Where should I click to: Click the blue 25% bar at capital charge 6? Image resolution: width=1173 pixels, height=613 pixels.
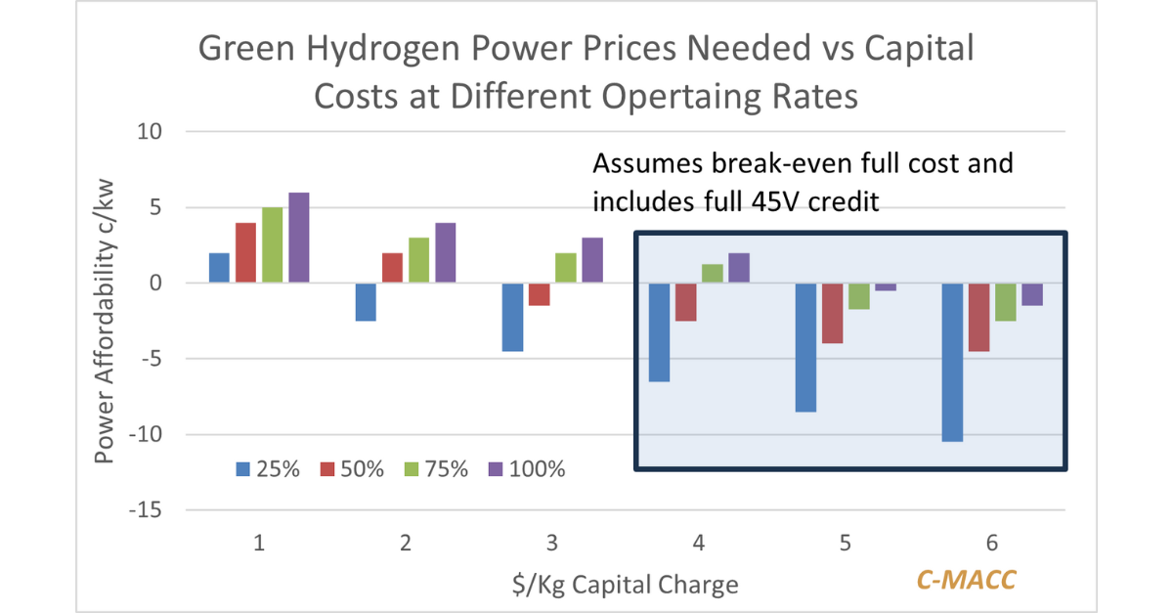pyautogui.click(x=952, y=362)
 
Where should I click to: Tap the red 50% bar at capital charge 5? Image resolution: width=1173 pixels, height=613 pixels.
pyautogui.click(x=832, y=313)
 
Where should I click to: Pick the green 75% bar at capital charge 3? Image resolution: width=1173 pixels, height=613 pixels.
pyautogui.click(x=566, y=268)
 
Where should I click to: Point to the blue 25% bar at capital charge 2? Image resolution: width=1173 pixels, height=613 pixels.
pyautogui.click(x=366, y=302)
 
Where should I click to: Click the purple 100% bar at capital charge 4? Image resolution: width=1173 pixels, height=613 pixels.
pyautogui.click(x=739, y=268)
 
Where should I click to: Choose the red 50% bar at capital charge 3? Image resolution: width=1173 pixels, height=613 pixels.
pyautogui.click(x=539, y=294)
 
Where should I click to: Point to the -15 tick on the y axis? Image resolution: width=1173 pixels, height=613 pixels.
pyautogui.click(x=150, y=510)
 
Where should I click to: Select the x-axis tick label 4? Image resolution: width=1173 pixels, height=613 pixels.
pyautogui.click(x=697, y=544)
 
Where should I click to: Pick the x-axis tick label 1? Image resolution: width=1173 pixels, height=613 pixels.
pyautogui.click(x=259, y=544)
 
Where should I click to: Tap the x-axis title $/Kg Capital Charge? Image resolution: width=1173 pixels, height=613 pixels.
pyautogui.click(x=625, y=585)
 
